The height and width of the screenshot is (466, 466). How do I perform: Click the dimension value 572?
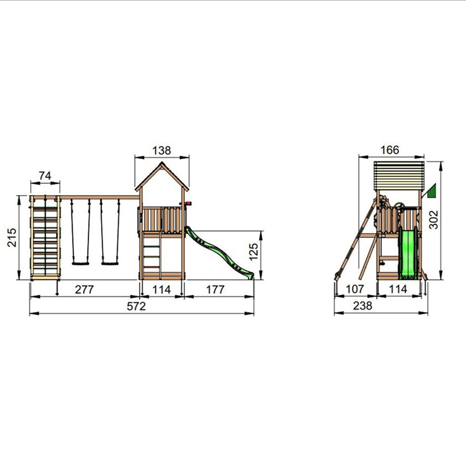pyautogui.click(x=136, y=306)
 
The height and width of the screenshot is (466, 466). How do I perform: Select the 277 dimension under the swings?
pyautogui.click(x=84, y=290)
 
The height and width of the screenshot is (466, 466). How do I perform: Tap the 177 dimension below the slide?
pyautogui.click(x=215, y=290)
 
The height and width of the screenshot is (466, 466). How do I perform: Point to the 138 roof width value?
pyautogui.click(x=162, y=151)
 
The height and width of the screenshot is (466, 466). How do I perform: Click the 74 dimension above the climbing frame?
pyautogui.click(x=45, y=176)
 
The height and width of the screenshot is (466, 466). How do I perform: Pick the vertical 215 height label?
pyautogui.click(x=12, y=237)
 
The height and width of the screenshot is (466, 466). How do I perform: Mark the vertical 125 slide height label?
pyautogui.click(x=253, y=252)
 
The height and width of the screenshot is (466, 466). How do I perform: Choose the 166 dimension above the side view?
pyautogui.click(x=390, y=150)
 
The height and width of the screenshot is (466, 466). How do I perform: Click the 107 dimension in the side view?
pyautogui.click(x=355, y=289)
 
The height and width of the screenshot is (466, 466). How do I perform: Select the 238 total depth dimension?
pyautogui.click(x=363, y=306)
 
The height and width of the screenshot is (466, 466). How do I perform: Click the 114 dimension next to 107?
pyautogui.click(x=398, y=289)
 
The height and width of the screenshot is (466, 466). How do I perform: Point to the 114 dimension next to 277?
pyautogui.click(x=162, y=290)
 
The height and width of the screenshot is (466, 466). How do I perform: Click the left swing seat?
pyautogui.click(x=80, y=264)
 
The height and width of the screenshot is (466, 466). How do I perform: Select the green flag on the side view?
pyautogui.click(x=431, y=191)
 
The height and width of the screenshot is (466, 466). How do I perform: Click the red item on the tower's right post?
pyautogui.click(x=189, y=203)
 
